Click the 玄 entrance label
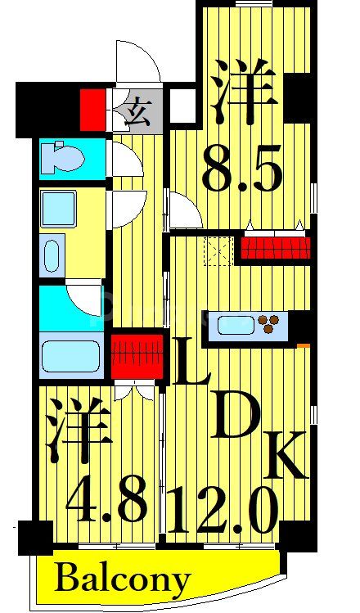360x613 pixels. coord(138,110)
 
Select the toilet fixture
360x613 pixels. coord(63,158)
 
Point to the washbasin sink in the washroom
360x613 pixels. coord(52,253)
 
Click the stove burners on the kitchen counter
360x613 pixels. coord(269,325)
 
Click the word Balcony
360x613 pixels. coord(123,579)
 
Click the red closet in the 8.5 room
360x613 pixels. coord(276,246)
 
